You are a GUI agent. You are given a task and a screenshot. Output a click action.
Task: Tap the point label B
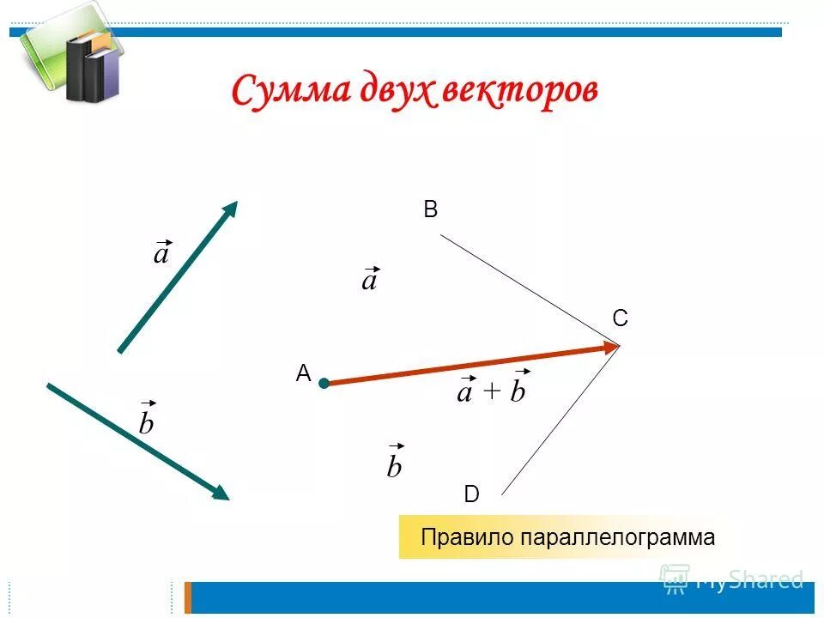(431, 209)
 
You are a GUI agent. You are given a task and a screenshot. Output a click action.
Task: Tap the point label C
(620, 318)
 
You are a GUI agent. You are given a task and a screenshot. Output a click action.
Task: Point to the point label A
(302, 373)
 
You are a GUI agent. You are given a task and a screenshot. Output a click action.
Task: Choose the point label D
(471, 494)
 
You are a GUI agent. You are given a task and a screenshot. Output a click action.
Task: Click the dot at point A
(324, 384)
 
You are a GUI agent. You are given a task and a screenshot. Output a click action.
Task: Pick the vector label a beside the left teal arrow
(161, 254)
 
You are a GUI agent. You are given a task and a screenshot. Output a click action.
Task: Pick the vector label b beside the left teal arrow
(147, 421)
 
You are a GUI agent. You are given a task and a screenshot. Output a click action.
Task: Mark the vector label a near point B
(369, 280)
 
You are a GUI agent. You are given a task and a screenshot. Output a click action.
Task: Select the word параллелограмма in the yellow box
(617, 538)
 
